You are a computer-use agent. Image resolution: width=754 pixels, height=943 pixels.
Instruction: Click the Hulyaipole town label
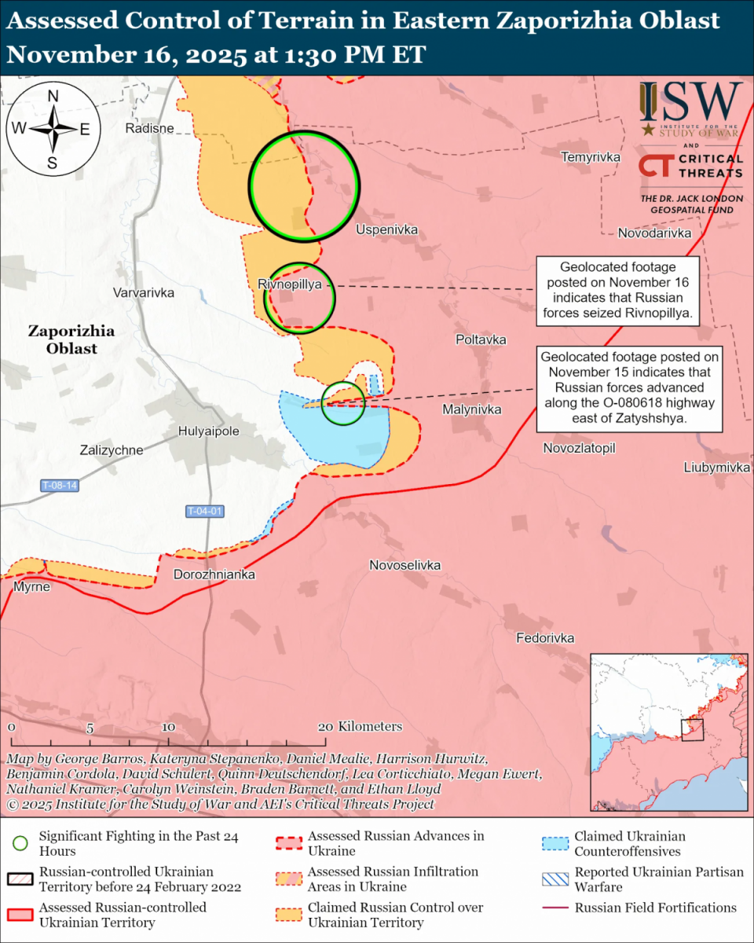(208, 431)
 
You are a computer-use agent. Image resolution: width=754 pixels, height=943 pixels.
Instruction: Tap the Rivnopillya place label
(289, 284)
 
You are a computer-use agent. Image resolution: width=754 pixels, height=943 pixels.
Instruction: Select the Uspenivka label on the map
(386, 229)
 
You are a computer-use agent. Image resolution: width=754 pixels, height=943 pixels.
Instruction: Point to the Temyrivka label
(591, 157)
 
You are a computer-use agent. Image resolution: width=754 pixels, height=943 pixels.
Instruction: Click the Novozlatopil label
(579, 448)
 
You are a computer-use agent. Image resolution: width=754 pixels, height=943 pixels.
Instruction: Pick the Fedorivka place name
(545, 638)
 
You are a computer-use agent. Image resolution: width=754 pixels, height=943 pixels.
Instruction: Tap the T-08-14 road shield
(60, 486)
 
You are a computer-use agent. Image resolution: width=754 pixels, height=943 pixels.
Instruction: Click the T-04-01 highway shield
(205, 511)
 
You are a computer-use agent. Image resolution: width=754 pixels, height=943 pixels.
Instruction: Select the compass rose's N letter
(53, 97)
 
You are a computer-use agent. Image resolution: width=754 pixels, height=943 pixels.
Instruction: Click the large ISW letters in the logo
(690, 101)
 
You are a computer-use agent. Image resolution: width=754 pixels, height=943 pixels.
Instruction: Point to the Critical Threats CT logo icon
(653, 166)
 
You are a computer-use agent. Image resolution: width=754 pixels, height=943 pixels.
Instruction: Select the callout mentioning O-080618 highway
(628, 388)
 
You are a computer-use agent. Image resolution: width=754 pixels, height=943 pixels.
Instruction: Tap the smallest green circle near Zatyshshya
(343, 403)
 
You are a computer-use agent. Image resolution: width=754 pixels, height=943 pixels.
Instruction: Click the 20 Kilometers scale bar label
(361, 726)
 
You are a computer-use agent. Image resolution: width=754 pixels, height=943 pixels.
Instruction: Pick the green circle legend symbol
(21, 844)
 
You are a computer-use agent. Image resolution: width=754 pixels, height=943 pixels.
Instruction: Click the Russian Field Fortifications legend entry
(656, 908)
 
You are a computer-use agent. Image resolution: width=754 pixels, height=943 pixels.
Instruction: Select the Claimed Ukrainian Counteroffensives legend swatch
(557, 844)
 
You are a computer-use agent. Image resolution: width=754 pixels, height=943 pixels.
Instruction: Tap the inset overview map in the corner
(667, 732)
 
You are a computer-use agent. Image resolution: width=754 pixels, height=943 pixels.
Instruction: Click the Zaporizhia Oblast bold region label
(71, 339)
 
